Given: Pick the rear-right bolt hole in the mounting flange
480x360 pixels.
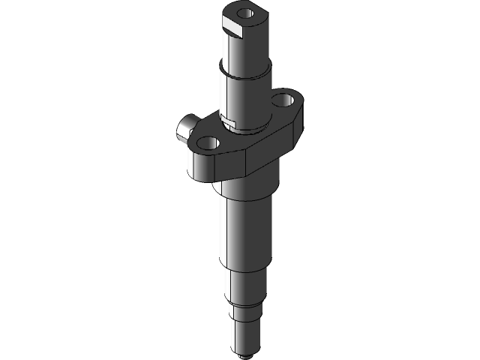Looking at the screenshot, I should [x=283, y=99].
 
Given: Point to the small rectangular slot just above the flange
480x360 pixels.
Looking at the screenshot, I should [x=230, y=118].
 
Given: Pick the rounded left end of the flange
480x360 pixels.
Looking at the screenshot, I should [x=193, y=161].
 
